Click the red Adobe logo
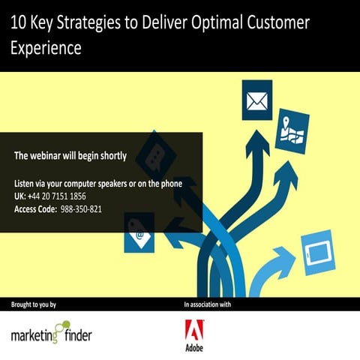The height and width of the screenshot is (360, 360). pos(195,331)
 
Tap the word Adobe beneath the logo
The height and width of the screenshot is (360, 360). pos(195,349)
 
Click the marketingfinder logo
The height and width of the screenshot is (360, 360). pos(51,332)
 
